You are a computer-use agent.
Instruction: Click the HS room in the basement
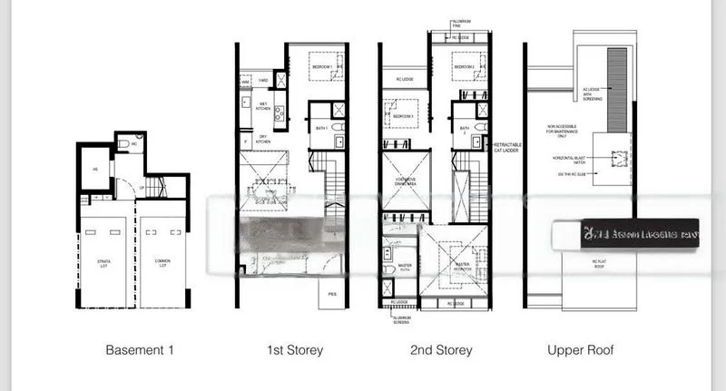[93, 169]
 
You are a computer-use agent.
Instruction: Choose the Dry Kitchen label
[263, 141]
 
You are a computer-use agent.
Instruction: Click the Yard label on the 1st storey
[264, 80]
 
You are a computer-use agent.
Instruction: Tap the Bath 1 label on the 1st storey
[322, 130]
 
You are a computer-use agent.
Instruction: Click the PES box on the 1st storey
[332, 294]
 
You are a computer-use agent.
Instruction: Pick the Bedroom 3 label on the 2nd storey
[403, 116]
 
